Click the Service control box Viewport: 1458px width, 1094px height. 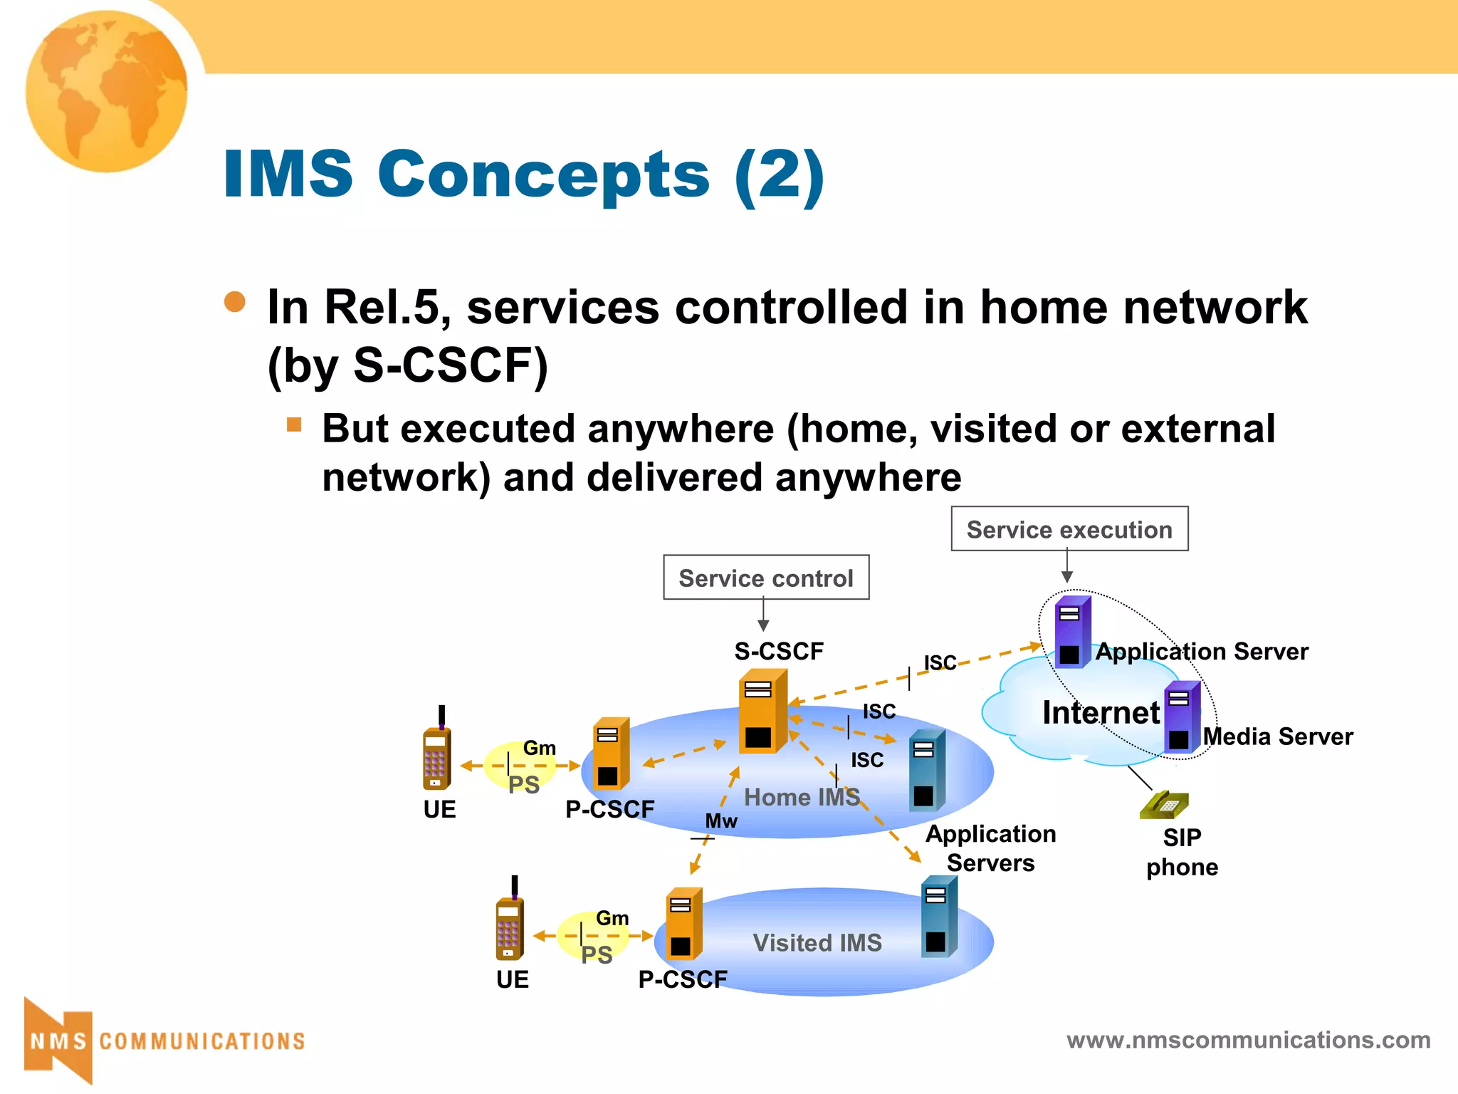[x=766, y=578]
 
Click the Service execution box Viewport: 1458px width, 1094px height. [x=1069, y=529]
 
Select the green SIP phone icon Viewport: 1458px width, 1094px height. [x=1165, y=806]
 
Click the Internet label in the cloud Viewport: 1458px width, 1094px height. [x=1101, y=712]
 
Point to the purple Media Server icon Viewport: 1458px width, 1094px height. [x=1182, y=718]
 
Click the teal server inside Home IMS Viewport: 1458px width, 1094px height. [x=927, y=771]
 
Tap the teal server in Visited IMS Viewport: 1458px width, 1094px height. [x=938, y=917]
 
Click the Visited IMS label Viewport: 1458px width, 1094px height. [x=817, y=943]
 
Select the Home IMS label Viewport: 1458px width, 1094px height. [x=802, y=798]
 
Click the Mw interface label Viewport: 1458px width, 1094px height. [x=721, y=821]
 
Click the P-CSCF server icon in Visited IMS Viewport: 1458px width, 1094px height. [x=683, y=924]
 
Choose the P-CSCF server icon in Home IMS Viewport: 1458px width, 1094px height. [x=611, y=754]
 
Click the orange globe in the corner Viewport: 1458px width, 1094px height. [x=107, y=90]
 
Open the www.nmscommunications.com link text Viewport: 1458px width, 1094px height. [x=1248, y=1040]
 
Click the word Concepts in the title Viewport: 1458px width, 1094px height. [x=543, y=174]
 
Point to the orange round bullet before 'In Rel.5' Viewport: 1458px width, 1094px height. [x=235, y=302]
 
